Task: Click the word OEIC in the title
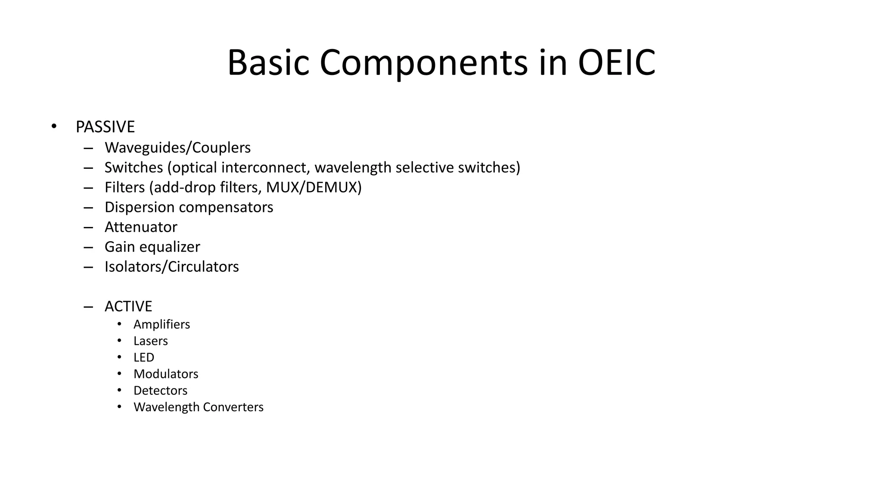[616, 63]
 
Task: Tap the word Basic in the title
[268, 63]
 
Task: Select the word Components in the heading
[423, 63]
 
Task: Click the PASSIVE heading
[105, 127]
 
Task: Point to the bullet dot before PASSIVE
[53, 127]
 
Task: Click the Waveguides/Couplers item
[177, 148]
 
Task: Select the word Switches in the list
[134, 167]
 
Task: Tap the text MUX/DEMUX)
[314, 187]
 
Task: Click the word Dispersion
[139, 207]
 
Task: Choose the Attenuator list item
[141, 227]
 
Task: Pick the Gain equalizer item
[152, 247]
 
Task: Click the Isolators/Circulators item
[171, 267]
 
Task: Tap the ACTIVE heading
[128, 306]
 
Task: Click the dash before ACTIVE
[88, 307]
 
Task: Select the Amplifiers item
[161, 324]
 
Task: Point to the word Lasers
[150, 341]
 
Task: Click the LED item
[143, 357]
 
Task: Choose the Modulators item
[166, 374]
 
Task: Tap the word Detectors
[160, 391]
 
